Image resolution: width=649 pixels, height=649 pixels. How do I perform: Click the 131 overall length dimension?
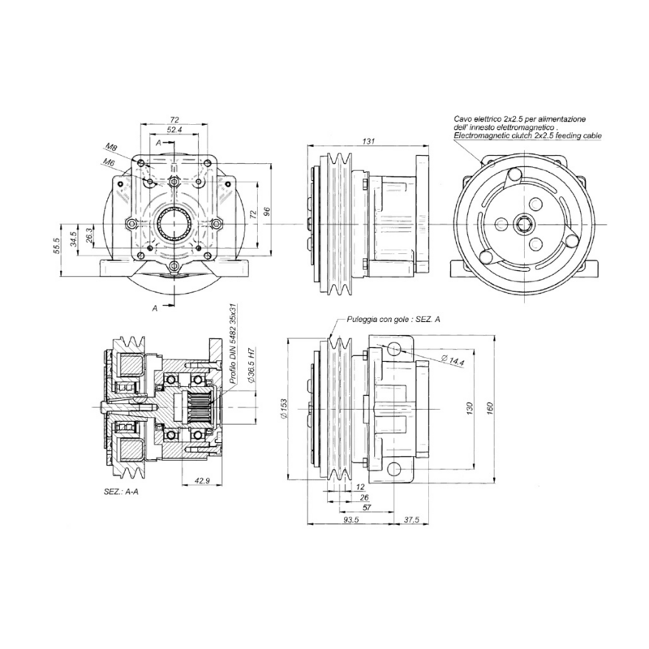369,142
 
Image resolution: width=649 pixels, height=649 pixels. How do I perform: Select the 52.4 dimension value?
174,129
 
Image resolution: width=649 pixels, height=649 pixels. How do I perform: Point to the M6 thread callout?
107,162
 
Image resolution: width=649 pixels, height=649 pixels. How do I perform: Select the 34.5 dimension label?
74,239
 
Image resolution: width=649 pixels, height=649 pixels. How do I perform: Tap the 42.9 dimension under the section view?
203,481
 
